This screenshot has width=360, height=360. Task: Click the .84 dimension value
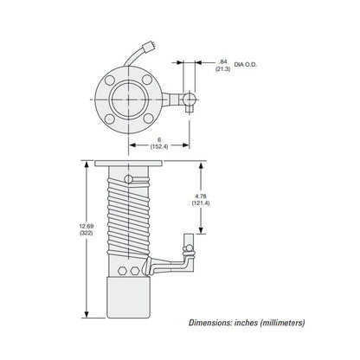click(222, 61)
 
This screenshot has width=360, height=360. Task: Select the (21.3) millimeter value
click(222, 69)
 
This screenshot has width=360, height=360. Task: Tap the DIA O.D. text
click(245, 65)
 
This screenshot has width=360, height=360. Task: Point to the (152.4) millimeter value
click(159, 146)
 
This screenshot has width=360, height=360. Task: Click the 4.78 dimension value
click(201, 196)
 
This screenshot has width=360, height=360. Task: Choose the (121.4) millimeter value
click(201, 203)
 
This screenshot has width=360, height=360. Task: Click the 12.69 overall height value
click(87, 226)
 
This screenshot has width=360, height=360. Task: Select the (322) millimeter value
click(87, 233)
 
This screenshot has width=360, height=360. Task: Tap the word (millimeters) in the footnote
click(282, 323)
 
